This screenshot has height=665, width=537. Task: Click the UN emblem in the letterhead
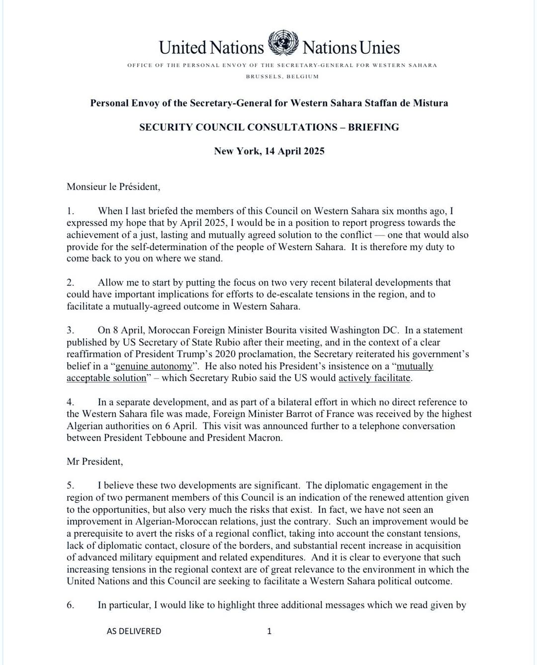point(282,43)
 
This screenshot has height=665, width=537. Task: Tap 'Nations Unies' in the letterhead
point(351,48)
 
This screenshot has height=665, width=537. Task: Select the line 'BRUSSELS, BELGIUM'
point(282,77)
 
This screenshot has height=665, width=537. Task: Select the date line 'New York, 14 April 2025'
point(269,151)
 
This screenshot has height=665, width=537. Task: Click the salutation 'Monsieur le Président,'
point(113,187)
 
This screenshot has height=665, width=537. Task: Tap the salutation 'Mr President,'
point(94,462)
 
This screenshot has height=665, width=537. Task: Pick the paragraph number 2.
point(70,283)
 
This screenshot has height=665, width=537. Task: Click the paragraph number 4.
point(70,402)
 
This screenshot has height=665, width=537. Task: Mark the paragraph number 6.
point(70,605)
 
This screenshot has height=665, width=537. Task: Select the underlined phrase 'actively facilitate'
point(374,378)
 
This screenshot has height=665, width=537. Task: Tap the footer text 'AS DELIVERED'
point(134,631)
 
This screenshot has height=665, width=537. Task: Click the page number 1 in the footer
point(269,631)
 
